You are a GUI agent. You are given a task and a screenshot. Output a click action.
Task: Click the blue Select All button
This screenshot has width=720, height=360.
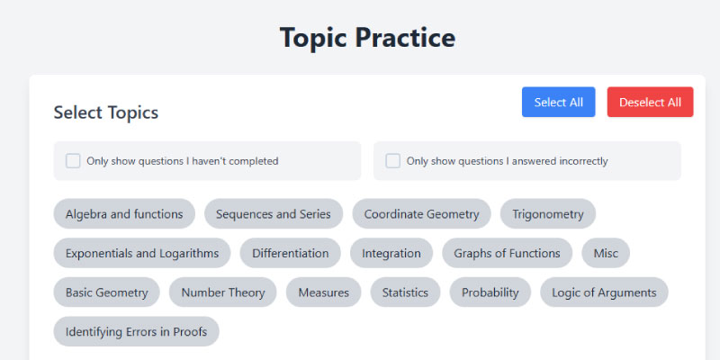[x=558, y=102]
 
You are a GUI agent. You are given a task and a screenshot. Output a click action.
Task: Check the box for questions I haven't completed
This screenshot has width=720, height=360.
[x=73, y=161]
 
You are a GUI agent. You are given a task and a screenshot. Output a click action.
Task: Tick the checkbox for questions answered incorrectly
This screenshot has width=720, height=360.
[x=392, y=161]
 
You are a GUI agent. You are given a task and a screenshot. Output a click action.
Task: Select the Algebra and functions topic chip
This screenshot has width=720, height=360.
[x=124, y=214]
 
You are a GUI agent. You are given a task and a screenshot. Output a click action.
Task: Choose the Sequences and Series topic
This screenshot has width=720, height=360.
[x=274, y=214]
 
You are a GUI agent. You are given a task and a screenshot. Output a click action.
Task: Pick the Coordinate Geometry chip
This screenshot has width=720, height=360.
[x=421, y=214]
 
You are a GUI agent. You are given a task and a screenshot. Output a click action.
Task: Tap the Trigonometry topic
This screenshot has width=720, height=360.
[x=548, y=214]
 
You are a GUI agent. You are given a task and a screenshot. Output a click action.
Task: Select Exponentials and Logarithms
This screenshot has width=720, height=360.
[x=142, y=253]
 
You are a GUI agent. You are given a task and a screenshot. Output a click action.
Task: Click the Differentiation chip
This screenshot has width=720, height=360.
[x=290, y=253]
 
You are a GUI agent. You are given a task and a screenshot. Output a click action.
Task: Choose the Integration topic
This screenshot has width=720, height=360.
[x=391, y=253]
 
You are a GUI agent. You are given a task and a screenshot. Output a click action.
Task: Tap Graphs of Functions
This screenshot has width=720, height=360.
[x=507, y=253]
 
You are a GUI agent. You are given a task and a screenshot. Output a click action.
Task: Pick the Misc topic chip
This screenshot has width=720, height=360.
[x=606, y=253]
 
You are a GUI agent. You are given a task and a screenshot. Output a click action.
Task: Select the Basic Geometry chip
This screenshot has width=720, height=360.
[x=106, y=292]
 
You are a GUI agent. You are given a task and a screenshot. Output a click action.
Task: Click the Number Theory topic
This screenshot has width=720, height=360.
[x=222, y=292]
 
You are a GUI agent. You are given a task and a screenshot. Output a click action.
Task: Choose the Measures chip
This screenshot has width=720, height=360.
[x=324, y=292]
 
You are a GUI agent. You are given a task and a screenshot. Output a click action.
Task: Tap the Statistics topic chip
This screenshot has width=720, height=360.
[x=405, y=292]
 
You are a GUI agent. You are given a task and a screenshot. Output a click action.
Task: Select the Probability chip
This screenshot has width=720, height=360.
[x=490, y=292]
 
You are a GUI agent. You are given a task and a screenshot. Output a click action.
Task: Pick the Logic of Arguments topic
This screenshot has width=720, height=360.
[x=604, y=292]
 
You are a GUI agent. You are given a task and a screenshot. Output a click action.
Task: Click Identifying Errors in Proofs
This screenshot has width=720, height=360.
[x=137, y=331]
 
